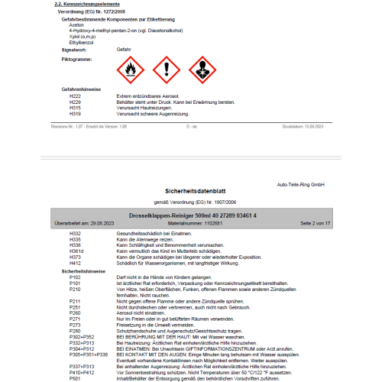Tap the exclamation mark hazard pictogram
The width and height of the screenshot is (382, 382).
click(166, 70)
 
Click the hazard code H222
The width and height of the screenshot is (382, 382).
click(75, 95)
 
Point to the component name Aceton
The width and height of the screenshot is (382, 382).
click(76, 24)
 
